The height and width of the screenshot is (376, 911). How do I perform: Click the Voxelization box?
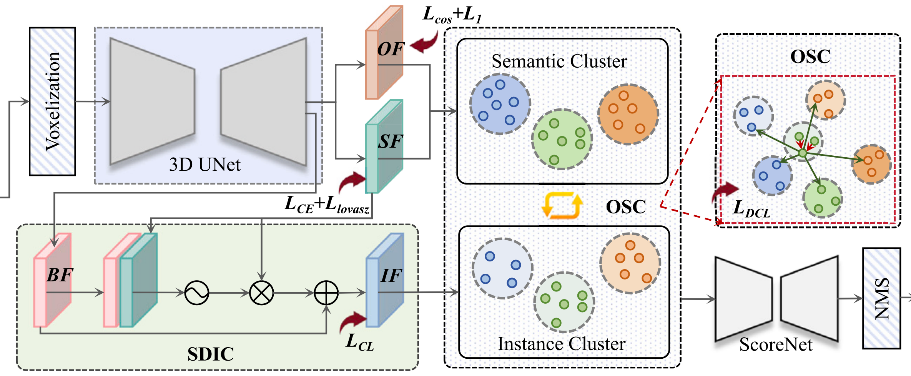point(52,101)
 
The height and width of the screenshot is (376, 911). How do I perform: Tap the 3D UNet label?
point(204,165)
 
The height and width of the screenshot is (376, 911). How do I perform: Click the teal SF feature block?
point(384,146)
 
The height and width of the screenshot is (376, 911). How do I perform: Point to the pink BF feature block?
point(52,280)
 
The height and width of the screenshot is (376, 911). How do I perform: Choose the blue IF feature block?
point(384,280)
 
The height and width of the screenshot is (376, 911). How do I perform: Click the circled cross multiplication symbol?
point(261,293)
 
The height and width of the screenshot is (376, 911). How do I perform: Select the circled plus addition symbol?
point(326,293)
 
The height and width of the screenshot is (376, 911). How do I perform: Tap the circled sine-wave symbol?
point(196,293)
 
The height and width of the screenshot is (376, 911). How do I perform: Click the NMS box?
point(881,298)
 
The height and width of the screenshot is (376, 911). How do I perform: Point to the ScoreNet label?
point(776,344)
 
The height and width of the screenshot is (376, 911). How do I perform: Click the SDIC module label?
point(210,354)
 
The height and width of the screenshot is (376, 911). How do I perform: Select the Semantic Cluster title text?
point(559,61)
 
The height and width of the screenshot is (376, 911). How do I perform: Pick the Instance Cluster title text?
point(562,344)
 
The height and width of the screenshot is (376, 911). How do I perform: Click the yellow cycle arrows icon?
point(562,206)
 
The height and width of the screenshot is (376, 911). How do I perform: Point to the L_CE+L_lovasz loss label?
point(327,205)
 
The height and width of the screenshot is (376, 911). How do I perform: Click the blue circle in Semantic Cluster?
point(500,104)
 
